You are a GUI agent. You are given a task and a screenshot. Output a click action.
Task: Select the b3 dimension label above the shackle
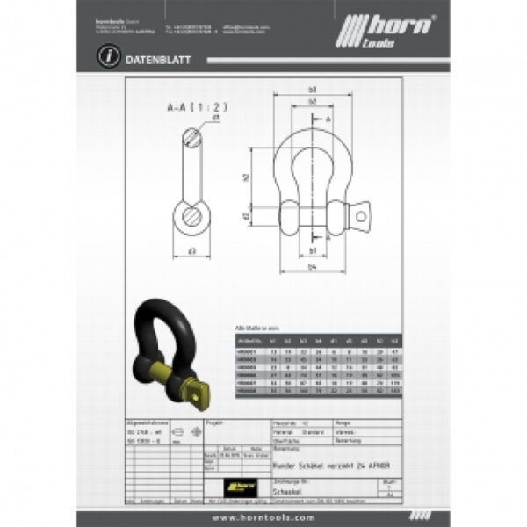[x=313, y=90]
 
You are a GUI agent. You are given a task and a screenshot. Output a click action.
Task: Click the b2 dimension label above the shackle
[x=313, y=103]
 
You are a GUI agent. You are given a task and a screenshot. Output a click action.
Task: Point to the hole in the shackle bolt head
[x=360, y=213]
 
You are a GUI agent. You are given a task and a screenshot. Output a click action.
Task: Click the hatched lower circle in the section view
[x=191, y=214]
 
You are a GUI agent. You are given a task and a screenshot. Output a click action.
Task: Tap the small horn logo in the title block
[x=238, y=482]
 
